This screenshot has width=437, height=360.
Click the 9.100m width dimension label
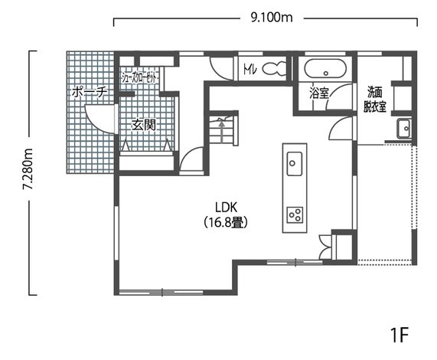click(272, 18)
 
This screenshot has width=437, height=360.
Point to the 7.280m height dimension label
click(28, 169)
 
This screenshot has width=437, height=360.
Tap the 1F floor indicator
click(399, 335)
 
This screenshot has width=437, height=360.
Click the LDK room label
click(226, 208)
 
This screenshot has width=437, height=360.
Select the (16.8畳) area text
click(226, 222)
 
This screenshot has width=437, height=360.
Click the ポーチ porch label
click(90, 92)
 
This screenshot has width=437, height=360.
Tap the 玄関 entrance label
click(144, 125)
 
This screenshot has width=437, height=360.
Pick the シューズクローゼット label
click(140, 77)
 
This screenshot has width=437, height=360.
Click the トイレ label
click(250, 69)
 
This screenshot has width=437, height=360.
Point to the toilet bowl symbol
click(275, 68)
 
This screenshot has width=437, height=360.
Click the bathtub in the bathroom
click(325, 68)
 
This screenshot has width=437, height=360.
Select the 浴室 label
click(319, 93)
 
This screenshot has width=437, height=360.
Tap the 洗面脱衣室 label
click(375, 99)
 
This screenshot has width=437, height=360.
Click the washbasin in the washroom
click(404, 129)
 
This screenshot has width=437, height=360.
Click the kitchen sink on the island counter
click(295, 163)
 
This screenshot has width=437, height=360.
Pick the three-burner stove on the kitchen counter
click(295, 215)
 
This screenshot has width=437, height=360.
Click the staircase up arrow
click(222, 130)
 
